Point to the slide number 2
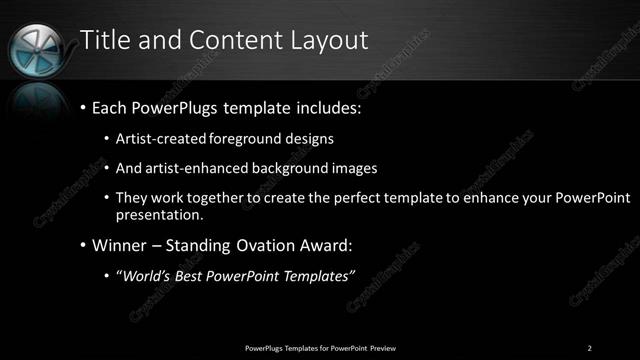click(590, 347)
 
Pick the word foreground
click(241, 139)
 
